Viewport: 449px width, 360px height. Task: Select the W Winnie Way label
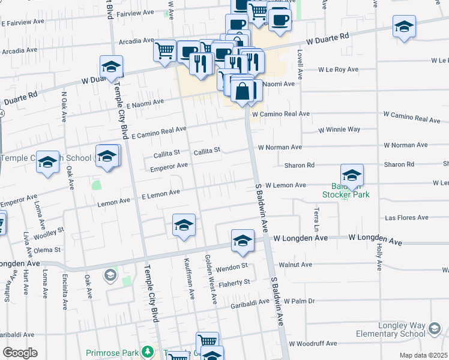click(339, 130)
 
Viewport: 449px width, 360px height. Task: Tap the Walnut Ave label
click(300, 264)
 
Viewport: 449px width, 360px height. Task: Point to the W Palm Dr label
click(300, 301)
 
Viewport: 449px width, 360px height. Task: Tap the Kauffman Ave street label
click(190, 282)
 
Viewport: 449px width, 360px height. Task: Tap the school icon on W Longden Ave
click(243, 241)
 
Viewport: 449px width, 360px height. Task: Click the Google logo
click(20, 353)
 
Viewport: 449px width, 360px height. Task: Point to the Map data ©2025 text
click(423, 355)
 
